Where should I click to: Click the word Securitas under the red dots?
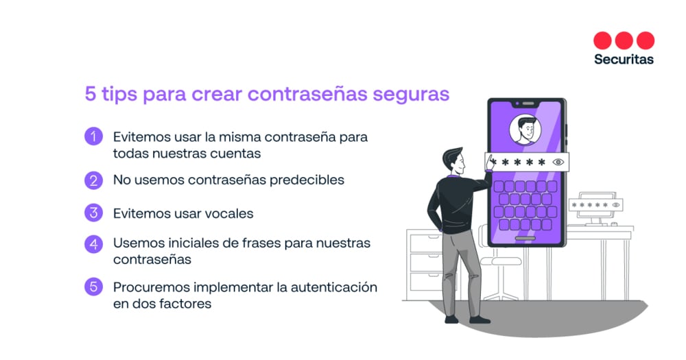coord(624,59)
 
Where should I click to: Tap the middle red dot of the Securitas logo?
coord(624,40)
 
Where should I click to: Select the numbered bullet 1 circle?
coord(93,136)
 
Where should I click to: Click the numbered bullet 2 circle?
coord(93,180)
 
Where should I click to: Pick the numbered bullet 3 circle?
coord(93,213)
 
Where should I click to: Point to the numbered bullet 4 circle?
coord(93,243)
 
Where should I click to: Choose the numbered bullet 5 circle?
coord(93,287)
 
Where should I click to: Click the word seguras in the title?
coord(411,95)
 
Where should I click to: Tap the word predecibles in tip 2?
coord(307,180)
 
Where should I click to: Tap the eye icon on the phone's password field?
coord(558,163)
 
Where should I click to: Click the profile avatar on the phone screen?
coord(525,130)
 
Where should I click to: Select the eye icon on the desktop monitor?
coord(616,205)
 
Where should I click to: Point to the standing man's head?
coord(453,160)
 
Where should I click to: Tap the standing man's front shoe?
coord(480,320)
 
